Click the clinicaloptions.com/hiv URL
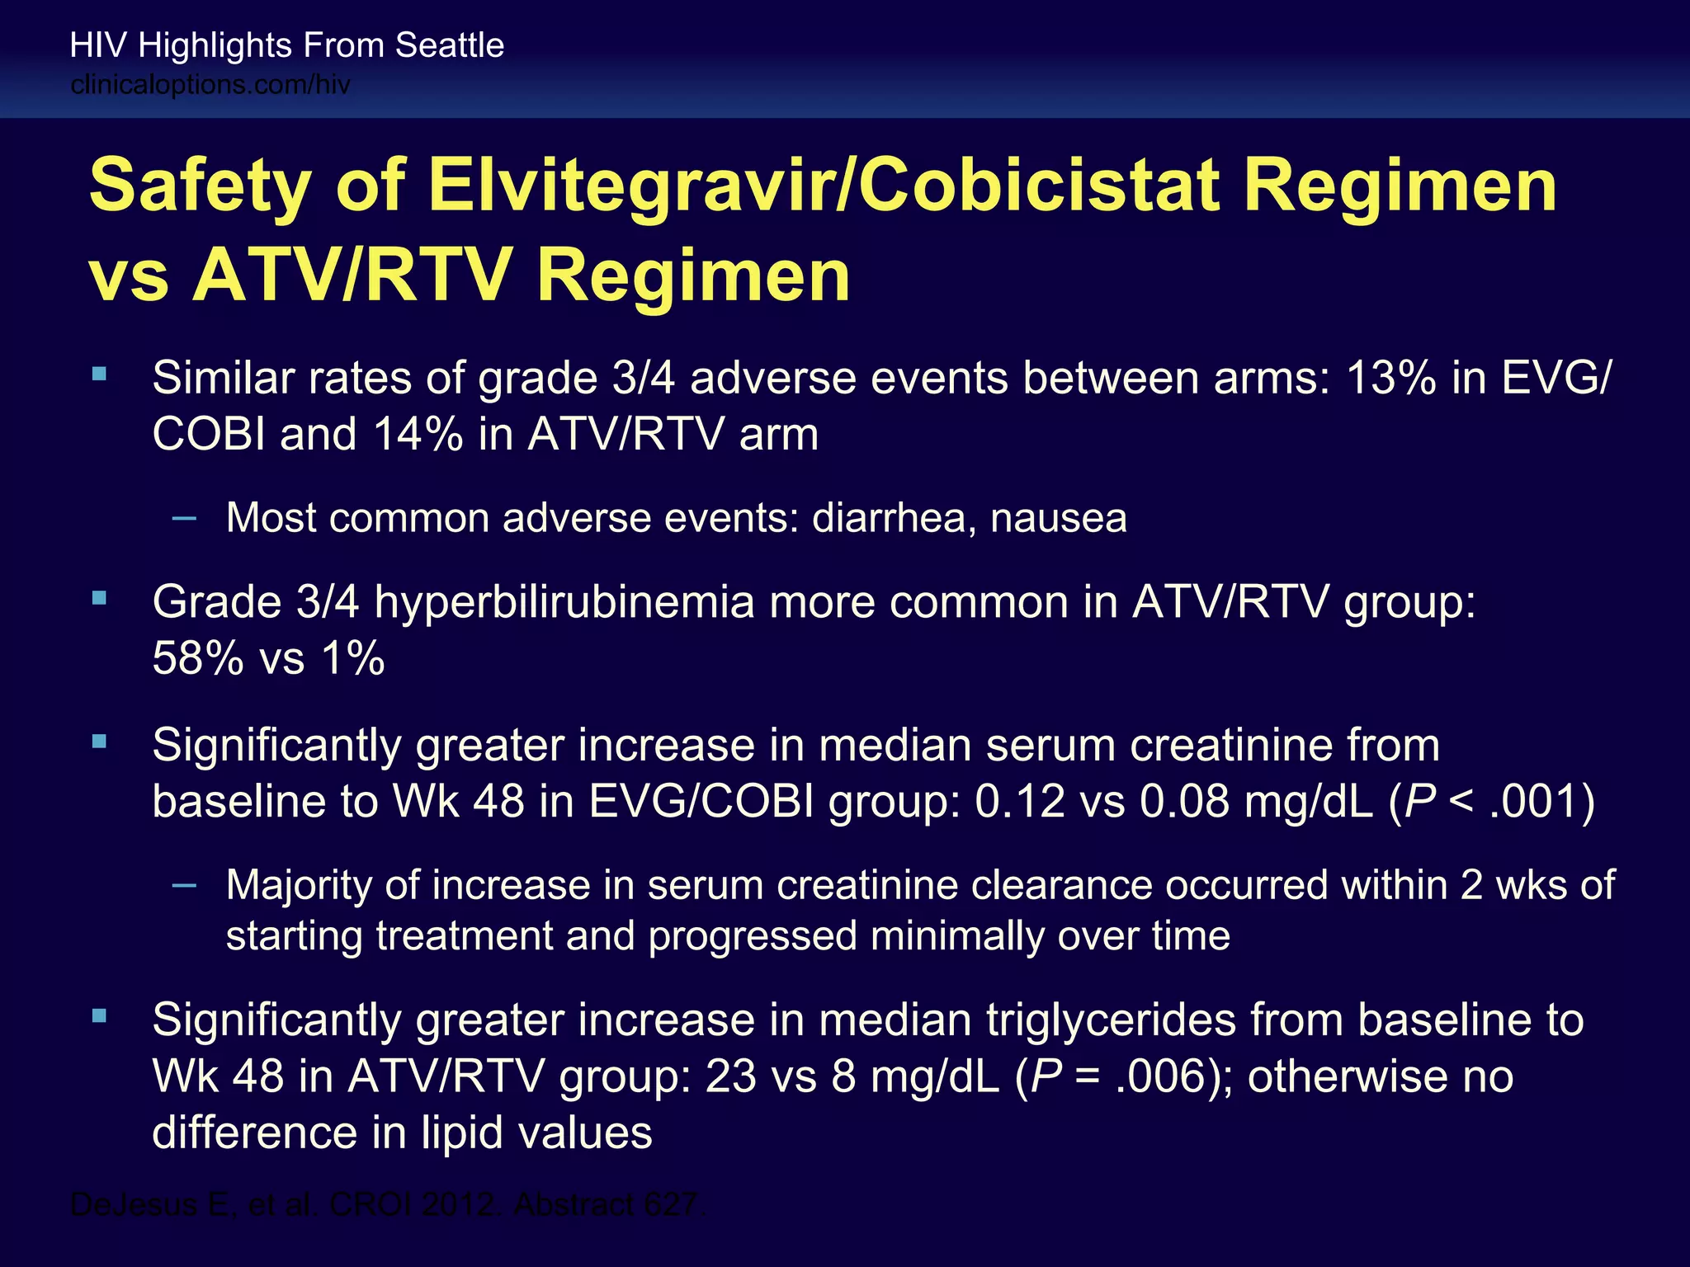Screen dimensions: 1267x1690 click(210, 85)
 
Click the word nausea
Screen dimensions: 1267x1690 click(1059, 519)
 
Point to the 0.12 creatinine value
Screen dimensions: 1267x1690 click(1020, 802)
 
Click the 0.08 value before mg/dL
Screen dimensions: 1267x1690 click(1185, 802)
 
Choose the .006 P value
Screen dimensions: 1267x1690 click(1161, 1077)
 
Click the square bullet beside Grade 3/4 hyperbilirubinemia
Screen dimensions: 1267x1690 click(100, 599)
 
